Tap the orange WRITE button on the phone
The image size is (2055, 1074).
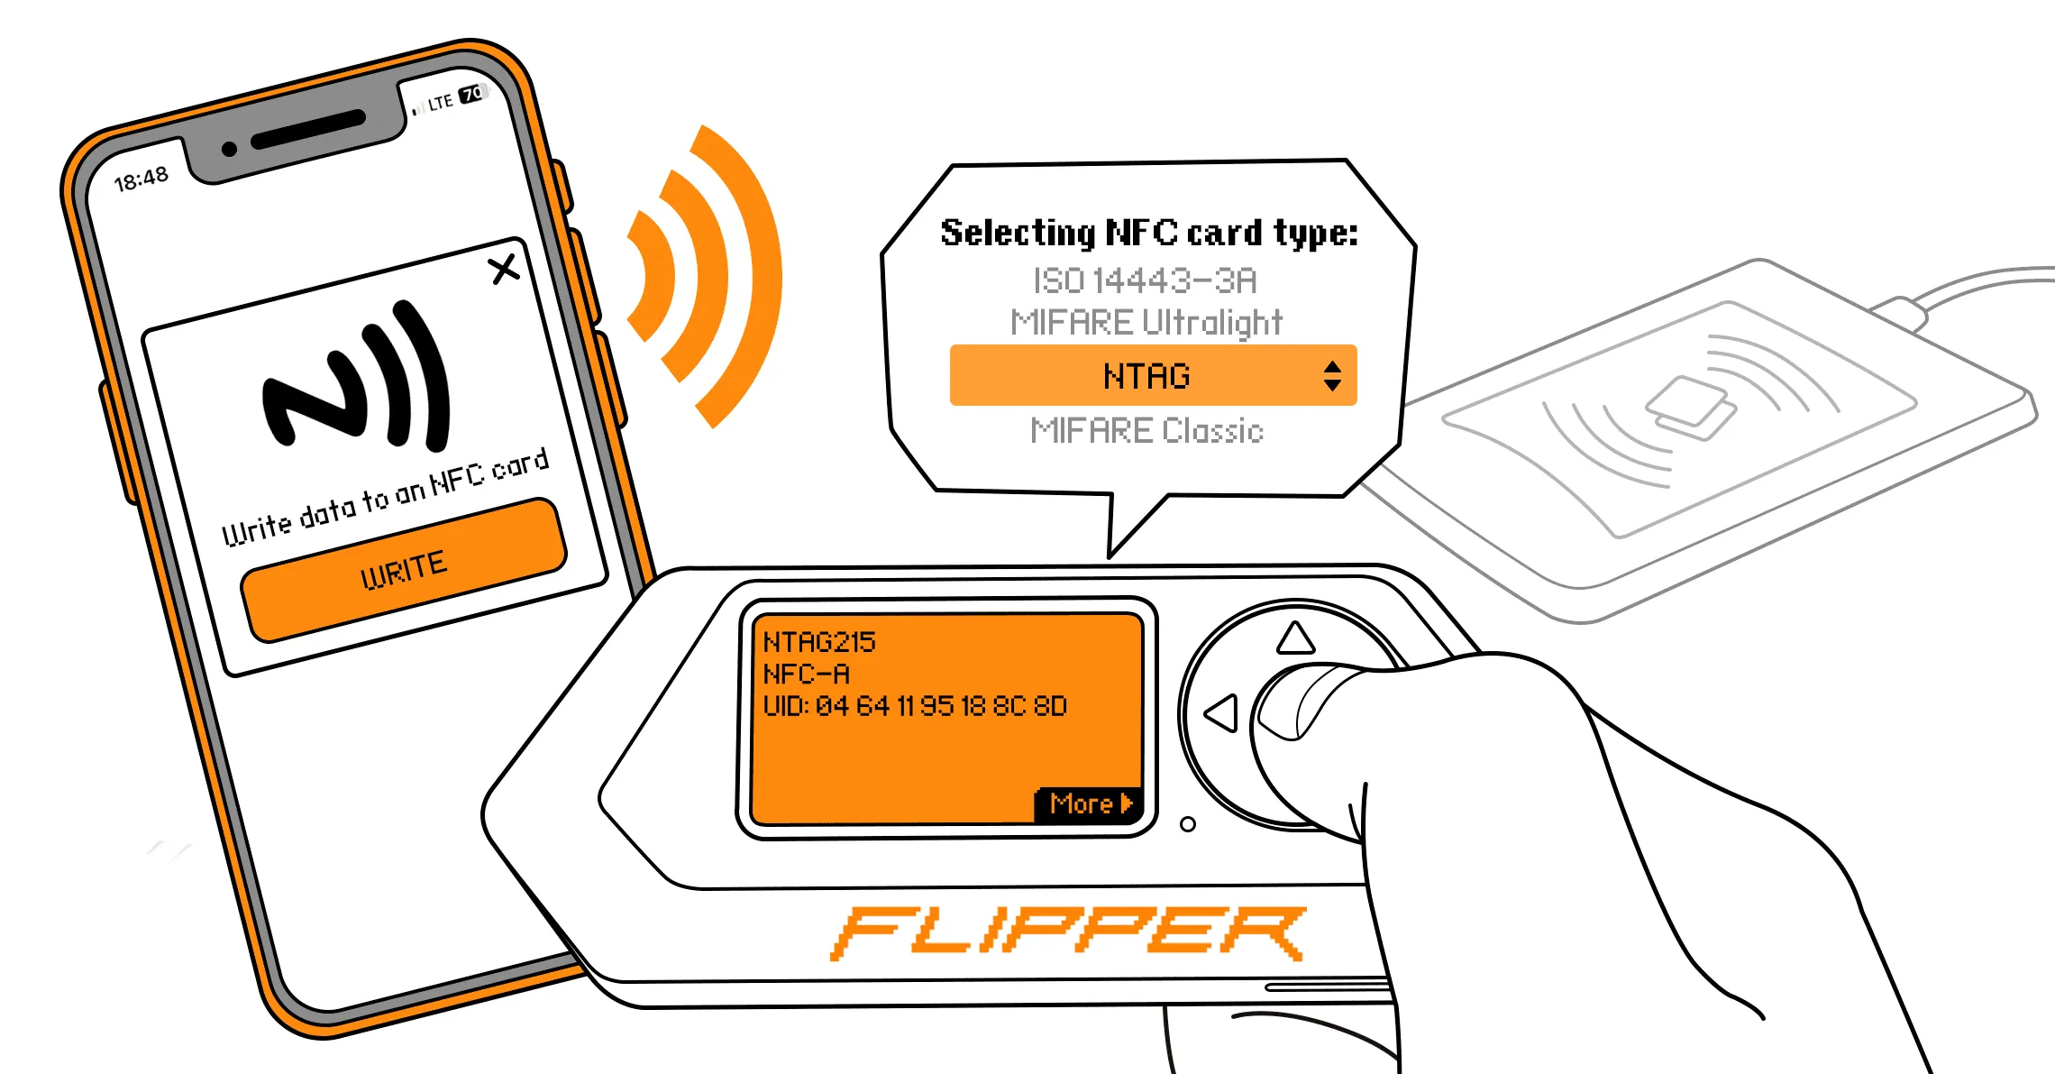tap(404, 570)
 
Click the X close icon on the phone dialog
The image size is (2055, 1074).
tap(505, 268)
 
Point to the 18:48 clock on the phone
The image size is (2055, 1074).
tap(142, 179)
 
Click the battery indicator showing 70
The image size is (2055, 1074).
tap(472, 93)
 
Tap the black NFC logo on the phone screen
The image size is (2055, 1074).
tap(356, 376)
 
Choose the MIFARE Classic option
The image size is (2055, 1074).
tap(1146, 431)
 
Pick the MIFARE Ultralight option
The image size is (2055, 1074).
tap(1146, 322)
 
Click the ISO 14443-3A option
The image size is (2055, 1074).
tap(1145, 280)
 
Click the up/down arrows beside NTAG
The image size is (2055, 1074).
tap(1332, 375)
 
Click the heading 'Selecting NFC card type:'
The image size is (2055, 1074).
tap(1149, 233)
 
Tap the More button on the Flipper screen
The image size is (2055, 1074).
tap(1089, 803)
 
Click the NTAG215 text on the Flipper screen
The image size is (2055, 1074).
tap(819, 642)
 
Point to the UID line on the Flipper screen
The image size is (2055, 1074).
tap(915, 705)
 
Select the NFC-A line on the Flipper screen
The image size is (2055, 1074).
tap(806, 674)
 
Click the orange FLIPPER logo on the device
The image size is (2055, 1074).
tap(1068, 932)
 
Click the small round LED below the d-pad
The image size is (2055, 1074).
tap(1188, 824)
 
